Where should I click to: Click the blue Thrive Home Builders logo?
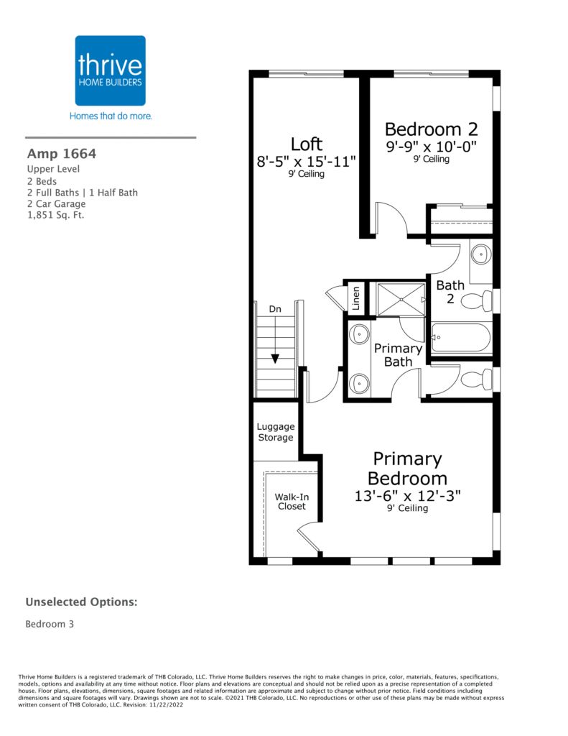coord(110,70)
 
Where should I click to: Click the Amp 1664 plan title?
coord(62,154)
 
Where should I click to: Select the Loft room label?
coord(307,144)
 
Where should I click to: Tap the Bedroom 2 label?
coord(431,129)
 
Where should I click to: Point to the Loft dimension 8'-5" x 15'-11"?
coord(307,162)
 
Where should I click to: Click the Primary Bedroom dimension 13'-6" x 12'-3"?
coord(407,496)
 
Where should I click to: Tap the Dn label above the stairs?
coord(275,309)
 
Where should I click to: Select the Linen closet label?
coord(355,298)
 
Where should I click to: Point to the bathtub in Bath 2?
coord(461,338)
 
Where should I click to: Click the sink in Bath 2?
coord(481,254)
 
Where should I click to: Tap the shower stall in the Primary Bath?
coord(401,299)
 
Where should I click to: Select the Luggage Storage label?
coord(276,432)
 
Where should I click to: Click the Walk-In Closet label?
coord(292,501)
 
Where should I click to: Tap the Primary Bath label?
coord(398,355)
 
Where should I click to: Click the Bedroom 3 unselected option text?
coord(50,624)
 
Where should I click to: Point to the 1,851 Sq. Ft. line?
coord(55,216)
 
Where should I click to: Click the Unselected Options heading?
coord(82,602)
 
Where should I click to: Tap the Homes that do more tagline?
coord(111,116)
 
